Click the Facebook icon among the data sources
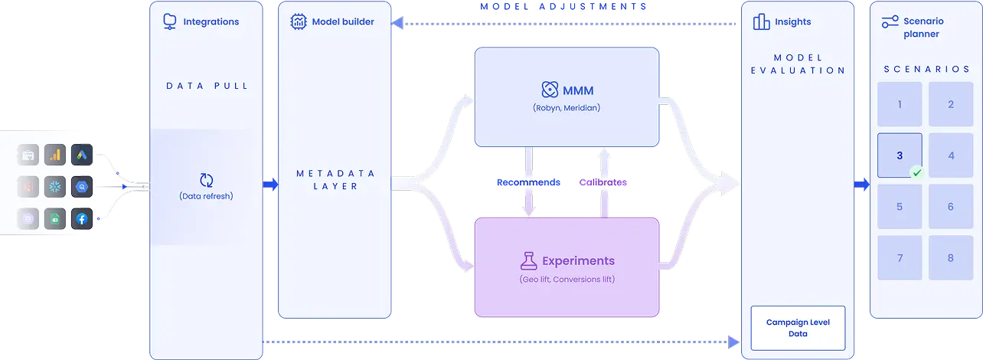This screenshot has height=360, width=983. click(x=82, y=218)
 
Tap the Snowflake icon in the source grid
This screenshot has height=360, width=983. click(x=55, y=187)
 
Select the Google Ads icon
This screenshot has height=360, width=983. click(x=82, y=155)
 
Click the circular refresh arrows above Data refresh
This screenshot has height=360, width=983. click(x=206, y=180)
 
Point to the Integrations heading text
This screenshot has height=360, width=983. click(x=211, y=21)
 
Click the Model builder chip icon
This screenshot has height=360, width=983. click(x=299, y=21)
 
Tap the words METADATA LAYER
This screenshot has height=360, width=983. click(x=335, y=180)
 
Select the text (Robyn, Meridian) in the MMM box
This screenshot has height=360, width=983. click(x=567, y=107)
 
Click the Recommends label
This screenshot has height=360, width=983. click(x=528, y=182)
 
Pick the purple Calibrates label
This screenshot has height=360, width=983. click(x=603, y=182)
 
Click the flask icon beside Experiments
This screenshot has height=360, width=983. click(x=528, y=260)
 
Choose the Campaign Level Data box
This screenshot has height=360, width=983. click(x=798, y=328)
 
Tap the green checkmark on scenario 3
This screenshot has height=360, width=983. click(x=916, y=173)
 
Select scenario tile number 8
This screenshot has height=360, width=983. click(x=951, y=257)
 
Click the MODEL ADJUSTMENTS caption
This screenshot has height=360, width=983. click(x=563, y=7)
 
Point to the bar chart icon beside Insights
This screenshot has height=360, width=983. click(x=762, y=21)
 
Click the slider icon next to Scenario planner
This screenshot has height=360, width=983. click(x=890, y=21)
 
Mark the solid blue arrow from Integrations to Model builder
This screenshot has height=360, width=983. click(x=271, y=185)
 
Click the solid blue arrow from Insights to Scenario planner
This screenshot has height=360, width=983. click(x=862, y=185)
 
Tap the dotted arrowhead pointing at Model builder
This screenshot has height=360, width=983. click(x=397, y=23)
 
